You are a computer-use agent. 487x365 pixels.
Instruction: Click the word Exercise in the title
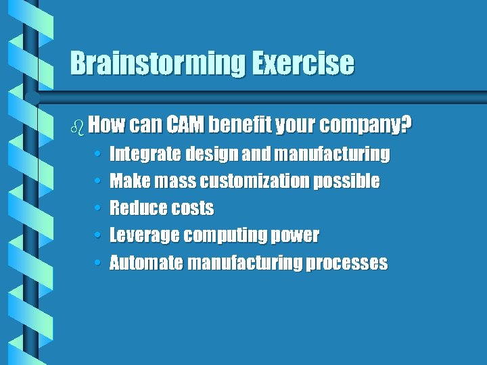point(304,64)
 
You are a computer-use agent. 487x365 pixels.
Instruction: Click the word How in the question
point(104,125)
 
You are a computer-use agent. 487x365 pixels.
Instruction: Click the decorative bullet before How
point(78,125)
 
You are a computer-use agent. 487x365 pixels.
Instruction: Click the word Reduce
point(134,208)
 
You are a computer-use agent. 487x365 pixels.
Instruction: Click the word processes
point(347,263)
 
